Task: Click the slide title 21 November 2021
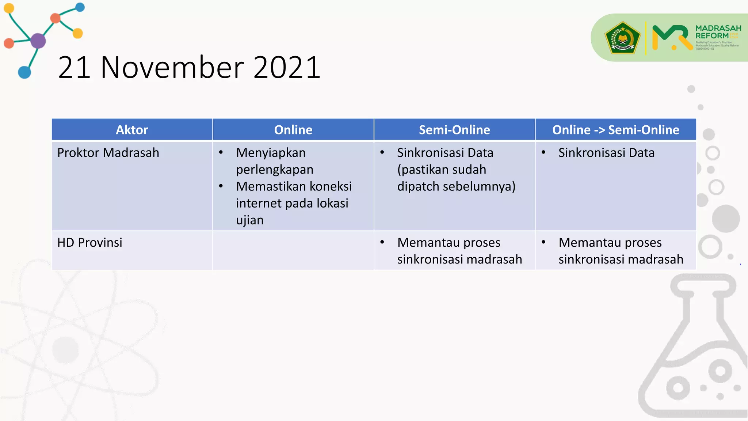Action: (189, 68)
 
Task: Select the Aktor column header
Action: (132, 130)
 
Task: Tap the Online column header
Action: (293, 130)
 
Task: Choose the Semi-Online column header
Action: (454, 130)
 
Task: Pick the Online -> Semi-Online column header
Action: (616, 130)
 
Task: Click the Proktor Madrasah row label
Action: (108, 153)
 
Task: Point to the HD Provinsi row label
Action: (90, 243)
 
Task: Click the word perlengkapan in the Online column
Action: (275, 170)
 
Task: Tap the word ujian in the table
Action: (250, 220)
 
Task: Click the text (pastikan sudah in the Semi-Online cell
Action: (442, 170)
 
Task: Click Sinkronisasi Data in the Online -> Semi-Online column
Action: (606, 153)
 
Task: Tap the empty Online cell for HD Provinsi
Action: (293, 251)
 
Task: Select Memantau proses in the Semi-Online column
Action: (449, 243)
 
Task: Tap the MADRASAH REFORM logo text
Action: (717, 32)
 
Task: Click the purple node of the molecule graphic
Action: (38, 41)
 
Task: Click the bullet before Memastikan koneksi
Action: (221, 186)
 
